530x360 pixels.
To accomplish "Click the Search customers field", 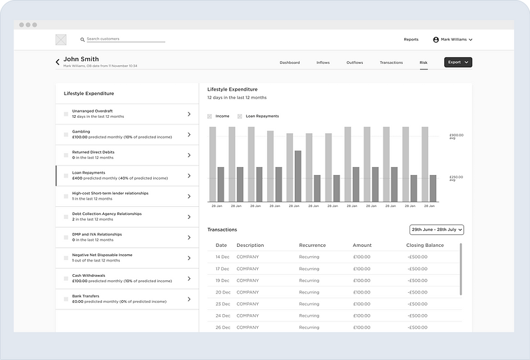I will (125, 39).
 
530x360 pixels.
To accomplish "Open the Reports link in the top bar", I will (411, 39).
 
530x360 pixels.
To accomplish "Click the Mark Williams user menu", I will (453, 39).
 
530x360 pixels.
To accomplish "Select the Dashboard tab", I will (290, 63).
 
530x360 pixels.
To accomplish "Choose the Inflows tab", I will (322, 63).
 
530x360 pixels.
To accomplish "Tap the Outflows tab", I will (354, 63).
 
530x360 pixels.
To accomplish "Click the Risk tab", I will (423, 63).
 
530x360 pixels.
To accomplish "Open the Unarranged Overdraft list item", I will (127, 114).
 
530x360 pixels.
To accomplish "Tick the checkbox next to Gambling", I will (66, 134).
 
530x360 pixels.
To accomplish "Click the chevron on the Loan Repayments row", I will (188, 176).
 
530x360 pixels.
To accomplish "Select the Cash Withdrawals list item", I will (127, 279).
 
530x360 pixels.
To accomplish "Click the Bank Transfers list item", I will (127, 299).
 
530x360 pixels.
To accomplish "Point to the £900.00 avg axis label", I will (456, 136).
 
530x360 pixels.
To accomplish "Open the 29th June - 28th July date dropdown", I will (437, 230).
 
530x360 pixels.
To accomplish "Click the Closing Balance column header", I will (424, 246).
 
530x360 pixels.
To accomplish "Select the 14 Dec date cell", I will (222, 257).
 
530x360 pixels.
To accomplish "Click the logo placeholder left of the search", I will (61, 40).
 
